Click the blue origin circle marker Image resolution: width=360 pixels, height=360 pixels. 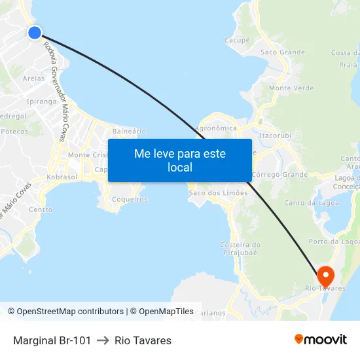click(x=35, y=32)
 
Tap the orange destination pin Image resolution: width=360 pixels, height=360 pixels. click(x=325, y=274)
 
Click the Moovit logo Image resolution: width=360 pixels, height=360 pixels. click(x=321, y=340)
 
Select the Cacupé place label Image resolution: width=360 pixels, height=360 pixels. click(x=237, y=40)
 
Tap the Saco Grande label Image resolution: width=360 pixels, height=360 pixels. click(x=283, y=52)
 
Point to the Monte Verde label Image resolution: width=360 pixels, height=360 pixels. click(x=291, y=88)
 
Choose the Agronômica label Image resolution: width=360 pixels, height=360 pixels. click(x=216, y=128)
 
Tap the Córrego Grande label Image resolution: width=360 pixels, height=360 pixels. click(x=279, y=175)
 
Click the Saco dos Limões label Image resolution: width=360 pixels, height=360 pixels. click(x=218, y=193)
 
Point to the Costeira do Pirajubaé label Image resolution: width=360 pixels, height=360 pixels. click(x=240, y=248)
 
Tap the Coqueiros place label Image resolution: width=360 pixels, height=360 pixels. click(x=130, y=199)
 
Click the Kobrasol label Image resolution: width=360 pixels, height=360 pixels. click(x=63, y=178)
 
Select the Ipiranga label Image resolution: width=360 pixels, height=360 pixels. click(x=42, y=101)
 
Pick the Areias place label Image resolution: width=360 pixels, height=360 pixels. click(x=34, y=79)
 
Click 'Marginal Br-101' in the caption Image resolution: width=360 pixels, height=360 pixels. click(x=52, y=340)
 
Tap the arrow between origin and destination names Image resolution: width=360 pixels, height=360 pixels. click(x=103, y=340)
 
